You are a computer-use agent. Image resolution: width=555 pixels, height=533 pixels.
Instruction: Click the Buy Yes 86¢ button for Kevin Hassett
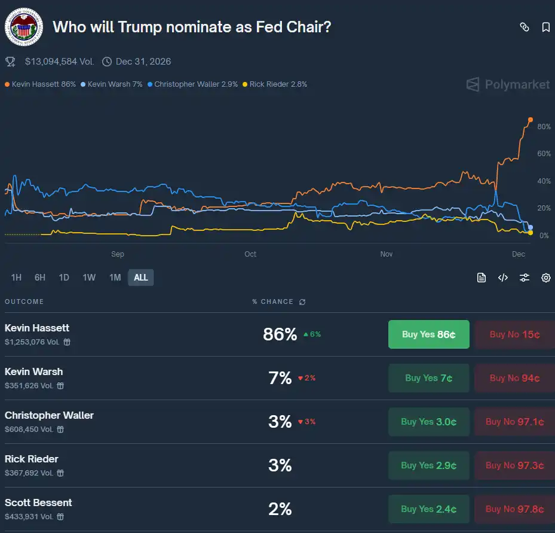[x=428, y=334]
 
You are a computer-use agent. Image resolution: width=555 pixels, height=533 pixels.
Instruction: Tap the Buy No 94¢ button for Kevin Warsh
[x=514, y=378]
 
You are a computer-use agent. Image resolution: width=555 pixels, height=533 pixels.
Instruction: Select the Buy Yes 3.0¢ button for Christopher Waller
[x=428, y=422]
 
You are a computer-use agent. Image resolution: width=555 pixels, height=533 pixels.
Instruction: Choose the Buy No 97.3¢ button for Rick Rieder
[x=514, y=465]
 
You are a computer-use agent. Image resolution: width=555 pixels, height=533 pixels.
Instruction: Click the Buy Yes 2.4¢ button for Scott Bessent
[x=428, y=509]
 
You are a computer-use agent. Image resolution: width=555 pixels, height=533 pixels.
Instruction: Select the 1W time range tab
[x=89, y=278]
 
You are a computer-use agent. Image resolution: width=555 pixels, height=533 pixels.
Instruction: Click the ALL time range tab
[x=141, y=278]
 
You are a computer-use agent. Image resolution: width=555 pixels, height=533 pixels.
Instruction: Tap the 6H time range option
[x=40, y=278]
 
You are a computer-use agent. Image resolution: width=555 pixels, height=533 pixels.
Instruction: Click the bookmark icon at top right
[x=545, y=27]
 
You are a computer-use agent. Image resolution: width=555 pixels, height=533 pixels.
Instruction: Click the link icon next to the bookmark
[x=524, y=27]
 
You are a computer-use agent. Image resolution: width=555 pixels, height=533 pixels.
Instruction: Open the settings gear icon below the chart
[x=545, y=278]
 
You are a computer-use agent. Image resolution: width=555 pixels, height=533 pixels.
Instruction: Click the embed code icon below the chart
[x=502, y=278]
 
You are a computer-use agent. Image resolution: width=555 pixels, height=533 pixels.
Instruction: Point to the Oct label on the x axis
[x=250, y=254]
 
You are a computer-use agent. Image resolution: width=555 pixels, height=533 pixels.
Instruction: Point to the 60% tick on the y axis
[x=544, y=154]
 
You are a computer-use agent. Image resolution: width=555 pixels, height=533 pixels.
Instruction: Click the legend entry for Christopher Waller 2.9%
[x=194, y=84]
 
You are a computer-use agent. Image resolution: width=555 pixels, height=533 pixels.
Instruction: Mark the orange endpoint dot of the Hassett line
[x=531, y=120]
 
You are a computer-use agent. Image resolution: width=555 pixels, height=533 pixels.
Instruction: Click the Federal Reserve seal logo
[x=24, y=27]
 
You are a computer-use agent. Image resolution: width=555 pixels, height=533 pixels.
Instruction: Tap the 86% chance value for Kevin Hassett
[x=280, y=334]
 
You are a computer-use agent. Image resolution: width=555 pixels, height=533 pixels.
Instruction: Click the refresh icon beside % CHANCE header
[x=302, y=302]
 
